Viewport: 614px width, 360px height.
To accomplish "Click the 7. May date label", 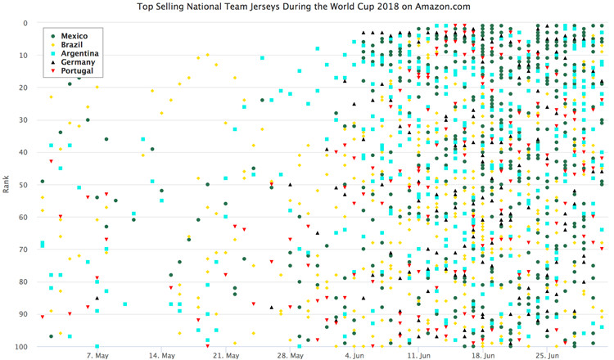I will point(97,356).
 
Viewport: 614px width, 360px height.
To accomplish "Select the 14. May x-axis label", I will point(162,356).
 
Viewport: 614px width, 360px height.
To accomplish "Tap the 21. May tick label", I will point(226,356).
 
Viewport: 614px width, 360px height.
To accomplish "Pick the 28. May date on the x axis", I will point(291,356).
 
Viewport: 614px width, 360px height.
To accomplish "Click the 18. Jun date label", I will point(483,356).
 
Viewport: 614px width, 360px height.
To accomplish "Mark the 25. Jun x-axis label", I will point(547,356).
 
